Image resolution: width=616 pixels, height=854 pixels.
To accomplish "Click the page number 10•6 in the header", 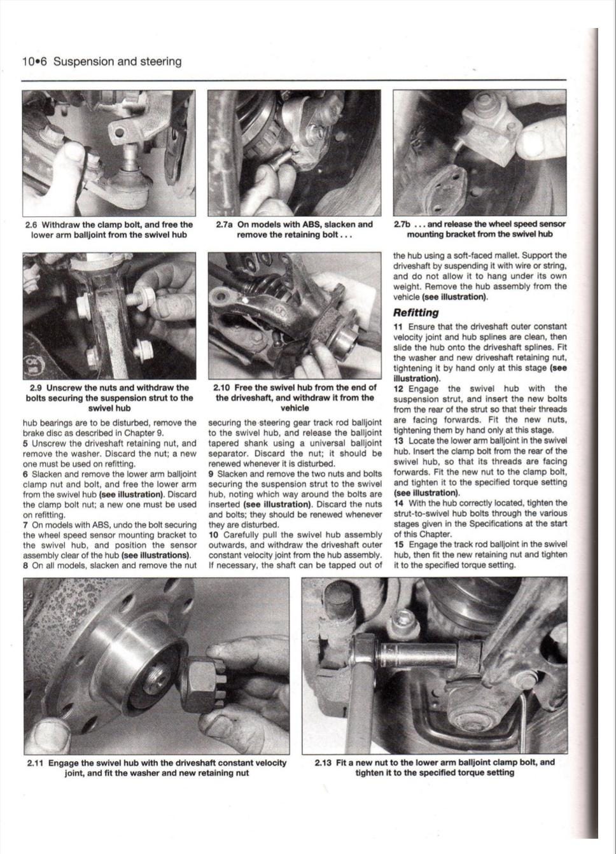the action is tap(34, 62).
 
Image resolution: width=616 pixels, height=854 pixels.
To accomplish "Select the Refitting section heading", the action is tap(416, 312).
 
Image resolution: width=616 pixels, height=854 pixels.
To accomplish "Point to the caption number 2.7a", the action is tap(225, 225).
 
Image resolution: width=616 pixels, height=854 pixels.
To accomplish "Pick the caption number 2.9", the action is tap(37, 388).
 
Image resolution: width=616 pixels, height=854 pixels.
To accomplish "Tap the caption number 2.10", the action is tap(222, 388).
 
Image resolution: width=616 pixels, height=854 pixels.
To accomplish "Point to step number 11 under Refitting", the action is tap(398, 326).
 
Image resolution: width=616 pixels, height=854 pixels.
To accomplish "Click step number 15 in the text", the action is tap(398, 544).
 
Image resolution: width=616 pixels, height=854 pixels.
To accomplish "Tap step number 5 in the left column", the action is tap(25, 444).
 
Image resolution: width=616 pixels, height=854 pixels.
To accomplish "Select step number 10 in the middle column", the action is tap(213, 535).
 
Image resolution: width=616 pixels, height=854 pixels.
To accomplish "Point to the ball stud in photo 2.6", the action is tap(130, 157).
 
